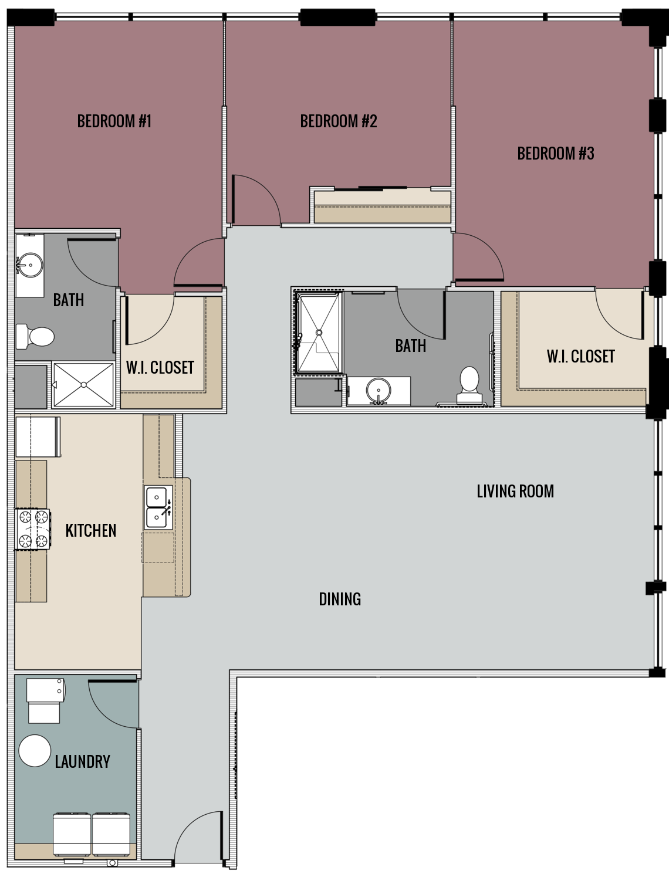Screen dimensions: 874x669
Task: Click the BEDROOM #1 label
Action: [114, 121]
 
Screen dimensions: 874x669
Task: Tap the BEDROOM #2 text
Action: [338, 121]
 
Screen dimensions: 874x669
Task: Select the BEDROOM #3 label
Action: [555, 154]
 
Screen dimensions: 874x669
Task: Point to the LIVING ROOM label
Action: [515, 491]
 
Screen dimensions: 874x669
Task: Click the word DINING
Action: [340, 599]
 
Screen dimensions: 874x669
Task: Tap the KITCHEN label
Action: [91, 530]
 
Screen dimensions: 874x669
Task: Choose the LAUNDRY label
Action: [82, 761]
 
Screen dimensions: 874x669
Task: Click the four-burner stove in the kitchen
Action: [32, 529]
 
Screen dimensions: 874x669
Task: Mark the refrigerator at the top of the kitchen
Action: [38, 436]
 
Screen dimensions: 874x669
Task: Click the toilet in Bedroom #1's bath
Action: [36, 337]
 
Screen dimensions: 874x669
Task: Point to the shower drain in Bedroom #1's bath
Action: [84, 385]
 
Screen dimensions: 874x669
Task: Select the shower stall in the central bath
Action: [319, 333]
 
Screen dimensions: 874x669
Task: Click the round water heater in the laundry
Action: [35, 751]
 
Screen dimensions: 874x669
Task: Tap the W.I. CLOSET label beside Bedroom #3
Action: [580, 356]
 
